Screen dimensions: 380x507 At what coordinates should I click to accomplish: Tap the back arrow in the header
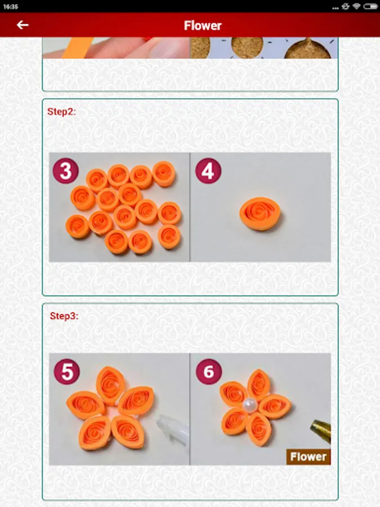[23, 25]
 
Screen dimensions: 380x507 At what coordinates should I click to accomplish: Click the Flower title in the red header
[203, 25]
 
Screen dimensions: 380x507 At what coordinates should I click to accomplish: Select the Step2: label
[61, 112]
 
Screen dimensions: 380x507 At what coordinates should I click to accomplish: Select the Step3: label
[64, 316]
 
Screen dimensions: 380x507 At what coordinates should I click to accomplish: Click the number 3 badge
[66, 171]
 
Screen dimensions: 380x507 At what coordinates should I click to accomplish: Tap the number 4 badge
[208, 171]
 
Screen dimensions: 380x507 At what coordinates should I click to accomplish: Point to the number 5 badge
[67, 372]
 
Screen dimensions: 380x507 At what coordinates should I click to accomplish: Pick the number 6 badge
[209, 372]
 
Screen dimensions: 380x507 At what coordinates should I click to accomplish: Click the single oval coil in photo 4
[260, 214]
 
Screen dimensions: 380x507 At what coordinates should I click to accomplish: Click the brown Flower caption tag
[309, 456]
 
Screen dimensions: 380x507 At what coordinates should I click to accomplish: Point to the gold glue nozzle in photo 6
[321, 429]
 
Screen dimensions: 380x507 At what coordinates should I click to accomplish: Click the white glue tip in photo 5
[172, 429]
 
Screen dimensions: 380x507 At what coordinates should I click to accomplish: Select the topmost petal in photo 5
[111, 385]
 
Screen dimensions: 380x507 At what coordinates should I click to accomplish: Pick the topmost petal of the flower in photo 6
[258, 385]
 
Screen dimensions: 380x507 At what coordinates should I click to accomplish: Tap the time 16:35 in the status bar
[11, 6]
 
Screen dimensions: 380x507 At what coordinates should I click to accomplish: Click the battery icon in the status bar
[370, 6]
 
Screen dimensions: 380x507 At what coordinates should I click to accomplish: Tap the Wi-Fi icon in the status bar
[356, 6]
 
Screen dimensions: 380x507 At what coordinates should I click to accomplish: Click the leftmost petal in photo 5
[86, 405]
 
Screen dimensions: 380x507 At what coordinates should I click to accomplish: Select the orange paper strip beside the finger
[78, 48]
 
